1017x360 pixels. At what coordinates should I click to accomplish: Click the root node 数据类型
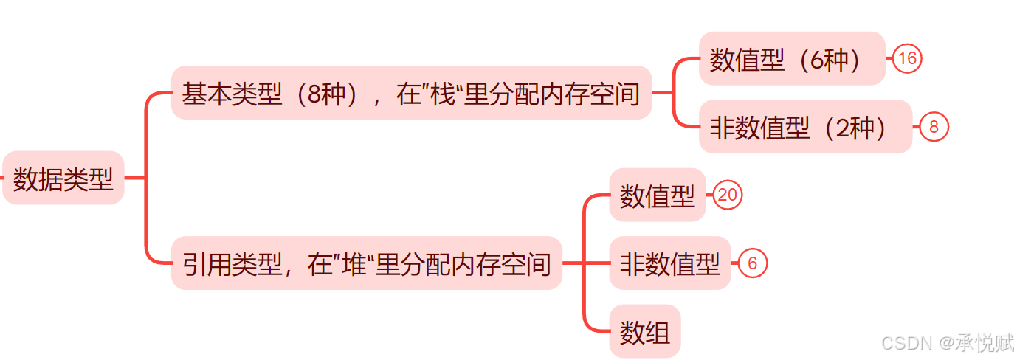click(x=63, y=178)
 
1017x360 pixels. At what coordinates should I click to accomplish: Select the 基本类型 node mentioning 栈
click(x=411, y=93)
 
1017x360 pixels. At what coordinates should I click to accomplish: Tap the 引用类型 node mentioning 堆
click(x=366, y=263)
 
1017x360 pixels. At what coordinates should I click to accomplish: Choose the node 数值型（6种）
click(x=791, y=59)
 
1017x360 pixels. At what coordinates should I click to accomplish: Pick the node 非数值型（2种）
click(x=804, y=127)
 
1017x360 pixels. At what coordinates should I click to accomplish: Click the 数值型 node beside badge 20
click(x=657, y=195)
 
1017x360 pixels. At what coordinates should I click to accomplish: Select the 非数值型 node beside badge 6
click(x=669, y=263)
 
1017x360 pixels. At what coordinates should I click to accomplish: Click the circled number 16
click(x=907, y=59)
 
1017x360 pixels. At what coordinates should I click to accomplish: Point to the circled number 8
click(x=934, y=127)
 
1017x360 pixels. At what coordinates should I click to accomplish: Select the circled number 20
click(x=728, y=195)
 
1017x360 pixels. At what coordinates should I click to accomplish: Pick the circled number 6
click(x=753, y=263)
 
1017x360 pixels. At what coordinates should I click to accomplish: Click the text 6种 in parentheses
click(x=830, y=60)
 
